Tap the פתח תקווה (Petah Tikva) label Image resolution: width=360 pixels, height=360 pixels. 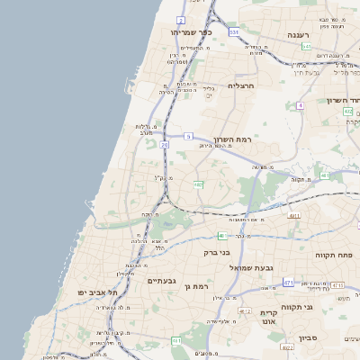[x=334, y=255]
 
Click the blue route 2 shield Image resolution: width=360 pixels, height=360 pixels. [x=181, y=19]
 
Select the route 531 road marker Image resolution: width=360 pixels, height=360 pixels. [x=234, y=32]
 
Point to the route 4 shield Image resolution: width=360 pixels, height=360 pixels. [x=300, y=105]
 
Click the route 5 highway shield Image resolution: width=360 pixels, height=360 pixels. [x=189, y=136]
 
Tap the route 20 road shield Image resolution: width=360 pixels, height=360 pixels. [x=165, y=144]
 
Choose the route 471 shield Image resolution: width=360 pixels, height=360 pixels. [x=288, y=283]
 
